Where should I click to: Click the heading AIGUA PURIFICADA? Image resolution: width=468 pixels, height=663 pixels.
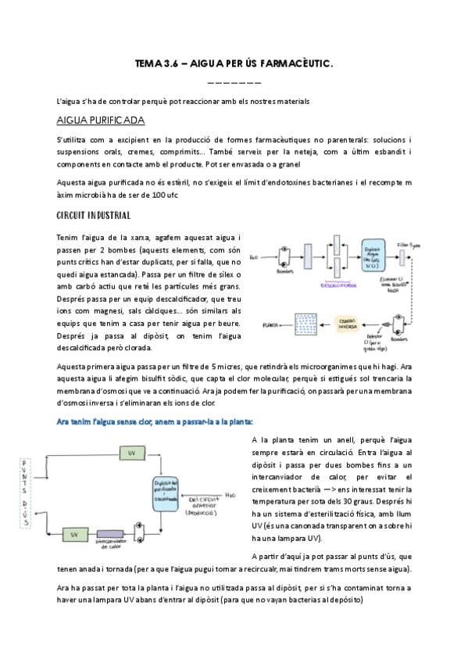click(99, 120)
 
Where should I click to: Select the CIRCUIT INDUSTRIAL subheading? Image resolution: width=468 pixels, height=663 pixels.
click(94, 215)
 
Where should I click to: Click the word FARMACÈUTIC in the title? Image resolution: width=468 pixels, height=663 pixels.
click(295, 67)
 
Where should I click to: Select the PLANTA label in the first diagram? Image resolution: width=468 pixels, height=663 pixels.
click(270, 323)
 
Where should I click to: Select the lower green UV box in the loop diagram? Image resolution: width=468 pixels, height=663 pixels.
click(74, 534)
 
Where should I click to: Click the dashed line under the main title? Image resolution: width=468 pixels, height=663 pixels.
click(234, 83)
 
